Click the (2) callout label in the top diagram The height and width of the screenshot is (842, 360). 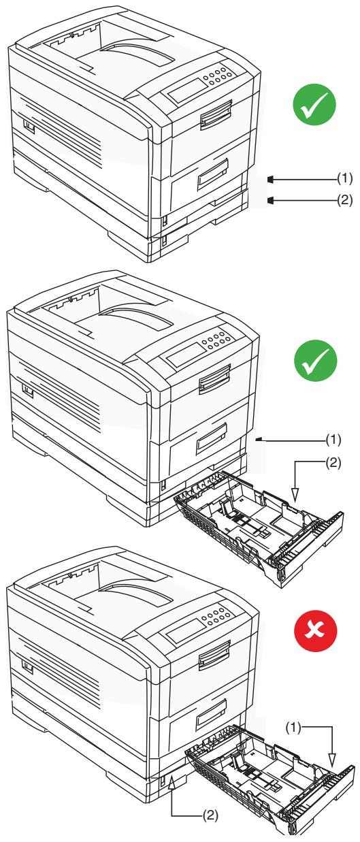pyautogui.click(x=346, y=200)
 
